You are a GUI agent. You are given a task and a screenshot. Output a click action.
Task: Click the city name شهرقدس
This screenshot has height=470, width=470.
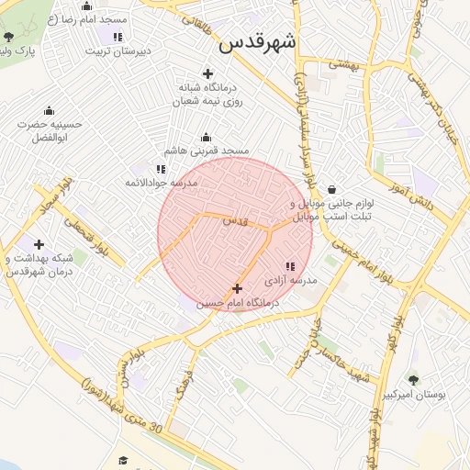(x=285, y=43)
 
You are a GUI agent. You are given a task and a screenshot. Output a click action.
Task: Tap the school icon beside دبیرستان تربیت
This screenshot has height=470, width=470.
(x=117, y=37)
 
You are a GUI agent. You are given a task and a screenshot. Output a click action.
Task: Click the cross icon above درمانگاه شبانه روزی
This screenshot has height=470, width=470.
(x=208, y=73)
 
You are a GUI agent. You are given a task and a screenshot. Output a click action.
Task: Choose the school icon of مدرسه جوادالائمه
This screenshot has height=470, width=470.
(x=161, y=169)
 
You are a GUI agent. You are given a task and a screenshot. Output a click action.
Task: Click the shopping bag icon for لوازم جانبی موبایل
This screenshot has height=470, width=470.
(x=330, y=190)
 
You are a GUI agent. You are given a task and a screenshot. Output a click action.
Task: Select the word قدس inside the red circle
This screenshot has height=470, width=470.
(x=235, y=221)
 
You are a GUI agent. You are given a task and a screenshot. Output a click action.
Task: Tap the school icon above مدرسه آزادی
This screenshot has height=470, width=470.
(x=291, y=266)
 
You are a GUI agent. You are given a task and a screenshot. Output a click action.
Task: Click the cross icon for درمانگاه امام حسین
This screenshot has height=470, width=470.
(x=238, y=289)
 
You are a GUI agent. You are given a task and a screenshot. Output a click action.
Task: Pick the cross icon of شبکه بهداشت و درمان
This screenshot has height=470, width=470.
(x=39, y=244)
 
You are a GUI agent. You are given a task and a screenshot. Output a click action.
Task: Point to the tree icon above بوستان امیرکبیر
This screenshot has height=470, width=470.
(x=413, y=379)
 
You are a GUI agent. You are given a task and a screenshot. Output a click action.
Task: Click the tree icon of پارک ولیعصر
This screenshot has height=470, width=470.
(x=9, y=37)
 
